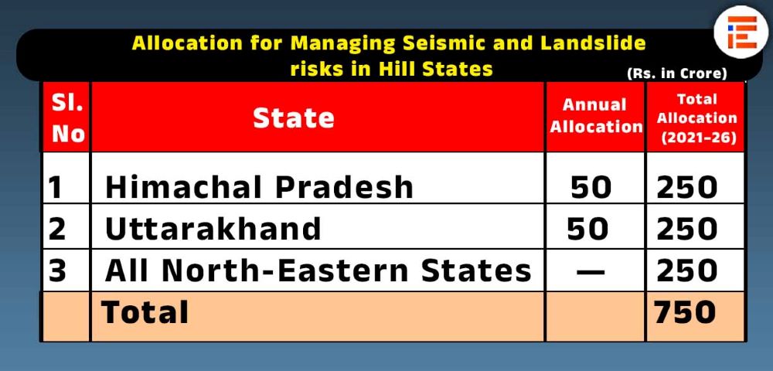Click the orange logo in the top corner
point(741,32)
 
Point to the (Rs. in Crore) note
point(677,74)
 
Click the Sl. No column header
point(66,118)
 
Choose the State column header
point(293,118)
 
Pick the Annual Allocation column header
point(595,116)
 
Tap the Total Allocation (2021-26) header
point(696,119)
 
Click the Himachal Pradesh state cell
point(259,187)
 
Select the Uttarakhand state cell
point(213,229)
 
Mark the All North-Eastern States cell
point(318,271)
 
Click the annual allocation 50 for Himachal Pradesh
point(591,187)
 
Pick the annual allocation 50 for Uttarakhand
point(587,229)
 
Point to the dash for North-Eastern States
point(591,271)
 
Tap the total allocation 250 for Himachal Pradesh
point(686,187)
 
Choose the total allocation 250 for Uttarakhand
point(686,229)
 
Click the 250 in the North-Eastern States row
point(686,271)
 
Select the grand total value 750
point(685,312)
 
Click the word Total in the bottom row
point(145,312)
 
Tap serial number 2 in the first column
point(57,229)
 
